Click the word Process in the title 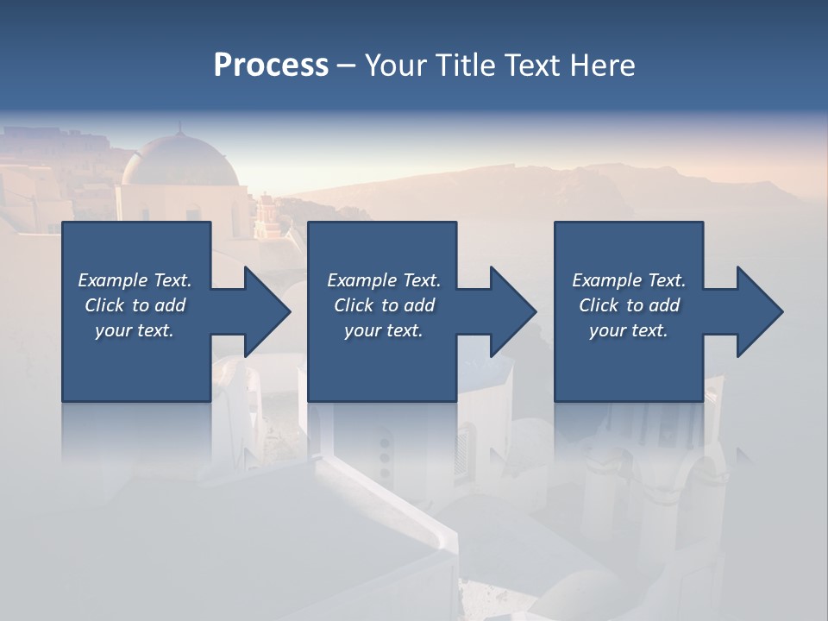click(271, 66)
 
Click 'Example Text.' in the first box click(135, 280)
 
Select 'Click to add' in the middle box click(384, 305)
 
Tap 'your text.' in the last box click(629, 330)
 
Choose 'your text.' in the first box click(135, 330)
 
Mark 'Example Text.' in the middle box click(384, 280)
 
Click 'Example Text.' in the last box click(629, 280)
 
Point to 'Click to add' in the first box click(135, 305)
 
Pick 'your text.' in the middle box click(384, 330)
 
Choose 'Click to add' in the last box click(629, 305)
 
